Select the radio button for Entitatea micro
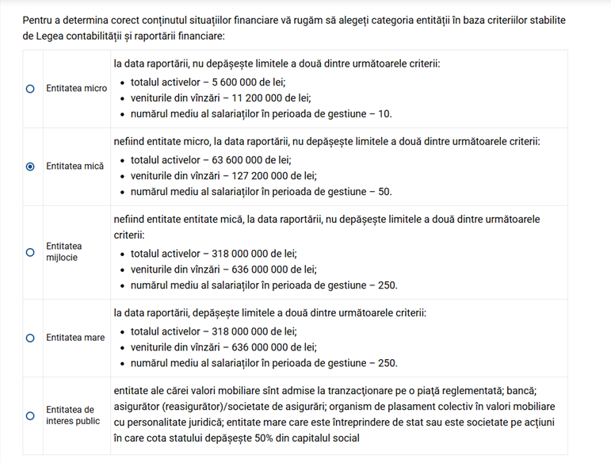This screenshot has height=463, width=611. coord(30,89)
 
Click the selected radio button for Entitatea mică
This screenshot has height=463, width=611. coord(30,166)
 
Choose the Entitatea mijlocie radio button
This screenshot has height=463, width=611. coord(30,252)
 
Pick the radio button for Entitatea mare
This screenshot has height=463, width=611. coord(30,338)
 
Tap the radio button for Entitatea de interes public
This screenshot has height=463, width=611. coord(30,415)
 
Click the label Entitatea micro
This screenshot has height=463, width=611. coord(76,89)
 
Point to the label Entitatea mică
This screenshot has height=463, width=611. coord(74,166)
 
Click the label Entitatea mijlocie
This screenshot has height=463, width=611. coord(64,252)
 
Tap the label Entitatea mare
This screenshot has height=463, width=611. coord(75,338)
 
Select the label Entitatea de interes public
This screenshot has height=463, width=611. coord(70,415)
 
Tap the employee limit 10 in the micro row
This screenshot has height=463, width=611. coord(385,114)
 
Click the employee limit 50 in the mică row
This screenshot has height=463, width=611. coord(385,192)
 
